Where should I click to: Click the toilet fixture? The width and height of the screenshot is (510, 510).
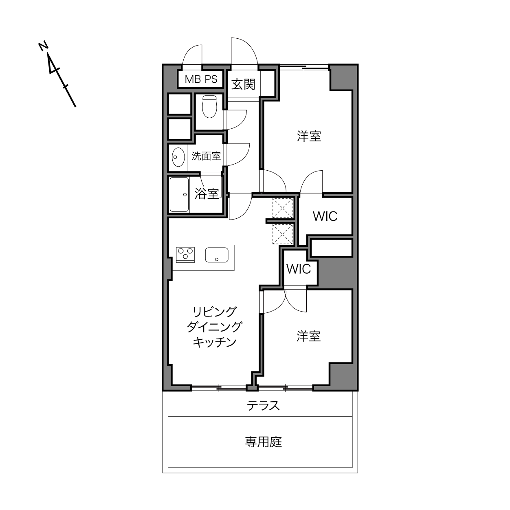click(x=209, y=106)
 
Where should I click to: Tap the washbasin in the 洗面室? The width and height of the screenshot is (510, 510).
click(x=178, y=157)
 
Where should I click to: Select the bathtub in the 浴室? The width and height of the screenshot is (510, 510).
click(x=179, y=195)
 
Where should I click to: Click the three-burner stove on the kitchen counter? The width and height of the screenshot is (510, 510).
click(x=185, y=255)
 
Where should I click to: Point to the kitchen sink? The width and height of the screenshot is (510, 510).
click(x=217, y=255)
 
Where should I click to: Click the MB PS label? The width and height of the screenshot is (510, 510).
click(x=201, y=79)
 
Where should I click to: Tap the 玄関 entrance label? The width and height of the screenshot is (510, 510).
click(x=243, y=84)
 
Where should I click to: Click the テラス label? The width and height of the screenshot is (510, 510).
click(x=263, y=406)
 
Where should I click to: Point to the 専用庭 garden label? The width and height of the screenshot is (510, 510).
click(x=263, y=442)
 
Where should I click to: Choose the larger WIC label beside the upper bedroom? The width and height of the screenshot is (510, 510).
click(x=325, y=216)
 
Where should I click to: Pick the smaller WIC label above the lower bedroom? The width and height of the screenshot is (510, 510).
click(x=299, y=269)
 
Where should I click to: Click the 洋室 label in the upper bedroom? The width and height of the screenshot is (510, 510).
click(x=309, y=136)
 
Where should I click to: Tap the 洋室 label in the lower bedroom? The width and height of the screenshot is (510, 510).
click(x=309, y=336)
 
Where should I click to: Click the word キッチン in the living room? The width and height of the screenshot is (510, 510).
click(x=214, y=342)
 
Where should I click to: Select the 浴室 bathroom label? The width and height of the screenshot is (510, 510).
click(x=207, y=193)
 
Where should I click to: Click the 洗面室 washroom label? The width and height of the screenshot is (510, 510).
click(x=206, y=156)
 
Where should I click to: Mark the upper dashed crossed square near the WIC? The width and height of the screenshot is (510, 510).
click(x=283, y=208)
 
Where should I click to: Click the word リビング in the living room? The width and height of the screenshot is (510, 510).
click(x=214, y=312)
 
